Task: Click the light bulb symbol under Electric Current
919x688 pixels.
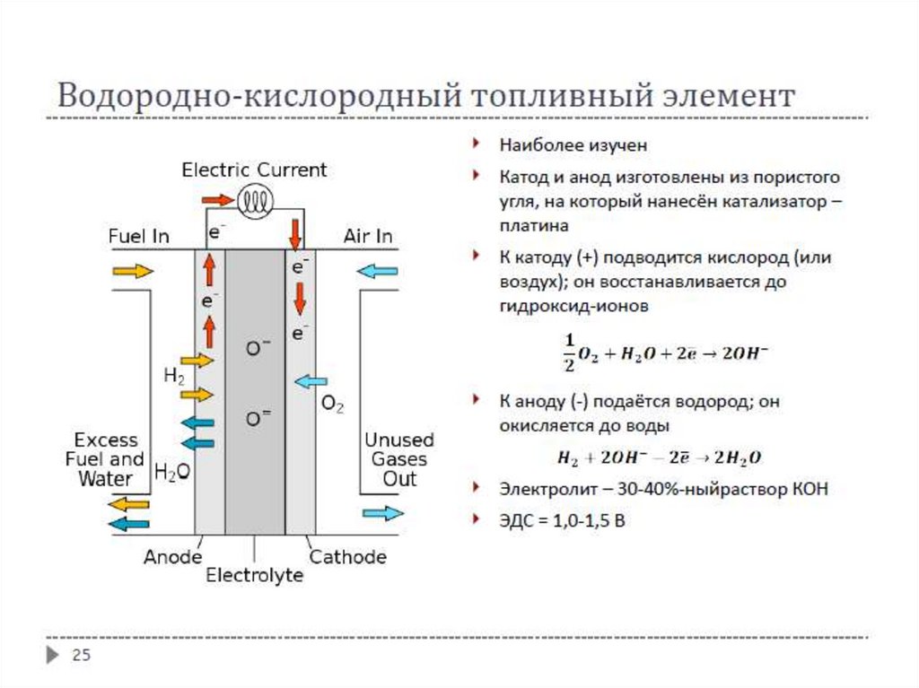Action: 255,200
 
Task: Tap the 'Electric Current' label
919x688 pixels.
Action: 254,170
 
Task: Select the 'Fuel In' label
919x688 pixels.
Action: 138,237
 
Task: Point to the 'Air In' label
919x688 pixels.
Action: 368,237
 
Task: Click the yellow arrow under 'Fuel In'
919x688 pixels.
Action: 133,271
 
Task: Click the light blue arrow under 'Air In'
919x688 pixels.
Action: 378,271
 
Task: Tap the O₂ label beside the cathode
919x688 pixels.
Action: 332,405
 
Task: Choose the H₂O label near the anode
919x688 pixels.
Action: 171,472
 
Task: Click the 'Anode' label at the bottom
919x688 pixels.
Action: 172,557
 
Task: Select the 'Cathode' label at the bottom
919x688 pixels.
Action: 347,557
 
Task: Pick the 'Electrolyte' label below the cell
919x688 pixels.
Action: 254,576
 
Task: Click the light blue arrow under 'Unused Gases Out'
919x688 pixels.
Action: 383,513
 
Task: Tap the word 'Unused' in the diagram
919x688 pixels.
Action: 398,440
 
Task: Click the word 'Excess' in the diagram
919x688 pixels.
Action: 106,440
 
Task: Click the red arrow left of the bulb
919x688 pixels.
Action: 216,199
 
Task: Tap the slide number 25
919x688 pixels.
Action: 81,656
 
